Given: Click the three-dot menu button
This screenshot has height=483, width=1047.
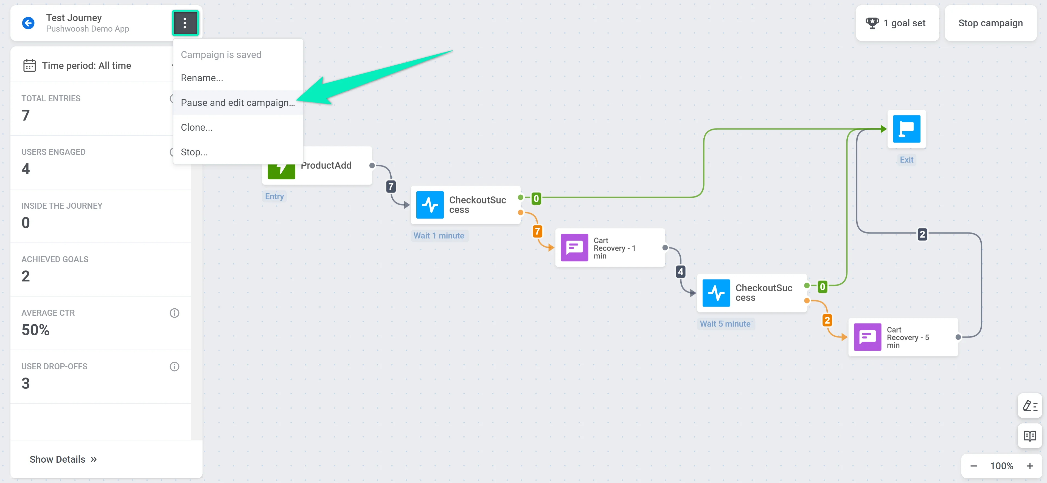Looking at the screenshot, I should click(x=185, y=23).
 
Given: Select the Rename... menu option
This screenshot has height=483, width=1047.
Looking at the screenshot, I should click(x=202, y=78).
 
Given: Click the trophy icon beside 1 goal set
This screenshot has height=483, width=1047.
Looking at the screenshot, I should click(x=872, y=23).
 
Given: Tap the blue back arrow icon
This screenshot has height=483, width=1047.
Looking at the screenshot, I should click(x=28, y=23).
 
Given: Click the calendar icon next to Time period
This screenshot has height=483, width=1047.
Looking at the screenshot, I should click(x=29, y=65).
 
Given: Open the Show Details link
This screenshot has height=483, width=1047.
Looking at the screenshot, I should click(x=63, y=459).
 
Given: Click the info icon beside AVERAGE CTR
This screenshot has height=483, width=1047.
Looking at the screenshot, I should click(x=174, y=313).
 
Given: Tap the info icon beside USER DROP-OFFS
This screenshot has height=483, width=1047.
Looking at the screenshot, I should click(x=174, y=366).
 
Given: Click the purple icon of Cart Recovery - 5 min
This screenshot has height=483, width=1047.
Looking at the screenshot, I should click(x=867, y=337).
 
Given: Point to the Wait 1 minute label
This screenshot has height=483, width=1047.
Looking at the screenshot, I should click(x=439, y=235).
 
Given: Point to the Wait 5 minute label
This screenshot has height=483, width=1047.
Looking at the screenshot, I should click(x=725, y=324).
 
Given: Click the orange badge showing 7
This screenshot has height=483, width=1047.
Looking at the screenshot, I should click(x=537, y=231).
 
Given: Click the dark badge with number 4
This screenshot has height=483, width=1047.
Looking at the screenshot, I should click(x=680, y=272).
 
